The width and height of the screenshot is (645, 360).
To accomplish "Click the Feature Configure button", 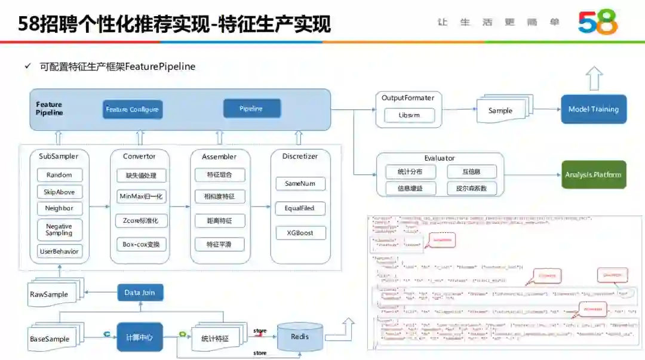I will pyautogui.click(x=132, y=109).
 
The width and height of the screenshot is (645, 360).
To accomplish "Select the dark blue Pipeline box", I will pyautogui.click(x=251, y=109).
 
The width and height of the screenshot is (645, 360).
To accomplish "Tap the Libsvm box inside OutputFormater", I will pyautogui.click(x=409, y=115).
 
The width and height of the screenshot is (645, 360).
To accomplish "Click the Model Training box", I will pyautogui.click(x=593, y=109).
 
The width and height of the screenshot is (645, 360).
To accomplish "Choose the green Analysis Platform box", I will pyautogui.click(x=593, y=175).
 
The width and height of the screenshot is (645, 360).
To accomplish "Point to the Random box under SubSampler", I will pyautogui.click(x=59, y=175).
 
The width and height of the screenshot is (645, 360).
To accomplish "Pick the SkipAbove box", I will pyautogui.click(x=59, y=192).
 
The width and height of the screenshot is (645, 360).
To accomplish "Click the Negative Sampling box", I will pyautogui.click(x=59, y=230).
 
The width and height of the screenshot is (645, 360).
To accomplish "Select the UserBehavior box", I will pyautogui.click(x=59, y=251).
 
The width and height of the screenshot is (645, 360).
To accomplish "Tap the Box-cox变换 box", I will pyautogui.click(x=142, y=244).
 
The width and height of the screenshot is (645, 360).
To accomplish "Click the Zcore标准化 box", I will pyautogui.click(x=142, y=220).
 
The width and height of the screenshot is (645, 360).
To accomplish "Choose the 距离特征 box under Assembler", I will pyautogui.click(x=219, y=221).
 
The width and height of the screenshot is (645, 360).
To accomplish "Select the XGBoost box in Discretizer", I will pyautogui.click(x=300, y=233).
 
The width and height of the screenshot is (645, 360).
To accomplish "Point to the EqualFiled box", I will pyautogui.click(x=300, y=208).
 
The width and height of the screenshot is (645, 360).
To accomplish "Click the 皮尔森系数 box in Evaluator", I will pyautogui.click(x=471, y=189).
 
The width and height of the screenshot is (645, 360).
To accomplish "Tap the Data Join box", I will pyautogui.click(x=140, y=293).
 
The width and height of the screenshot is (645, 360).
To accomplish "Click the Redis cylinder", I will pyautogui.click(x=300, y=337).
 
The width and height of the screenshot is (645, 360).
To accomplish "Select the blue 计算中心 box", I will pyautogui.click(x=139, y=337).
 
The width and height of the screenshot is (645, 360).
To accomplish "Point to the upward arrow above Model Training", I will pyautogui.click(x=594, y=78).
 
